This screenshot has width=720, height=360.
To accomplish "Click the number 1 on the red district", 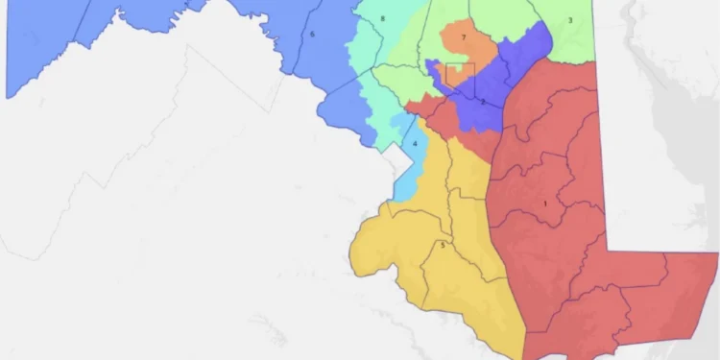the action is tap(545, 204).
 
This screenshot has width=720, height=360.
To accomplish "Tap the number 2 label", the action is tap(482, 102).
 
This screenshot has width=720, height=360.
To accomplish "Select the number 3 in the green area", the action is tap(569, 19).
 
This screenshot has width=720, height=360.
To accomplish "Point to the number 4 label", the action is tap(415, 145).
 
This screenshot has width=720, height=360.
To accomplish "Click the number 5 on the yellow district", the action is tap(443, 246).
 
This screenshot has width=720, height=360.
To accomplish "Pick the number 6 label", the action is tap(313, 35).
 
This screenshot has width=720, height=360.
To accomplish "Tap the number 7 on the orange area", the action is tap(464, 37).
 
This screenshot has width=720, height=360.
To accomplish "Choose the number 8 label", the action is tap(383, 19).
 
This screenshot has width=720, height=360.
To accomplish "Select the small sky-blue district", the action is tap(408, 168).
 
